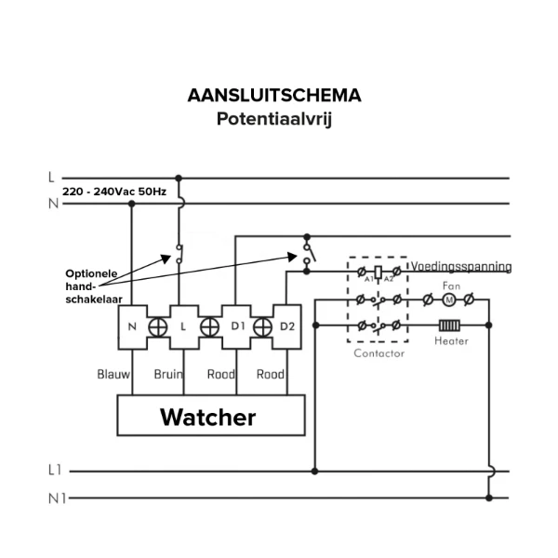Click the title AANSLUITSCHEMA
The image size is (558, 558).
tap(274, 96)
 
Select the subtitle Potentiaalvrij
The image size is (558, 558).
tap(274, 119)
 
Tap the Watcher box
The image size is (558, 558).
tap(211, 415)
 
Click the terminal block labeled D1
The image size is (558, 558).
tap(236, 326)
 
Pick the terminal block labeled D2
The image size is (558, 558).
tap(286, 326)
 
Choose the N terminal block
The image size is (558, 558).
tap(132, 327)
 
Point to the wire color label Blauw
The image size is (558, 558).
tap(113, 374)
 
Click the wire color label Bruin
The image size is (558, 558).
tap(168, 374)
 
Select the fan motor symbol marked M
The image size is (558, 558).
tap(449, 300)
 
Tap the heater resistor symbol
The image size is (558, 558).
tap(449, 325)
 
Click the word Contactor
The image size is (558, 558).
tap(379, 353)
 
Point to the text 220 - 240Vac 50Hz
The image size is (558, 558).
tap(114, 192)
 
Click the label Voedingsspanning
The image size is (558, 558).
tap(461, 266)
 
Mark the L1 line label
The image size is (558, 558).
tap(55, 470)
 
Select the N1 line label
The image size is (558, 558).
tap(58, 498)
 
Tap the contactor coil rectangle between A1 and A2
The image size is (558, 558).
tap(379, 272)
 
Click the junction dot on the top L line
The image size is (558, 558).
tap(179, 178)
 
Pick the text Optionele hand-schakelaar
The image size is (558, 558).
tap(94, 286)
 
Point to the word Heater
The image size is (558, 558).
tap(451, 341)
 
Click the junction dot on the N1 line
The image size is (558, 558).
tap(489, 498)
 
